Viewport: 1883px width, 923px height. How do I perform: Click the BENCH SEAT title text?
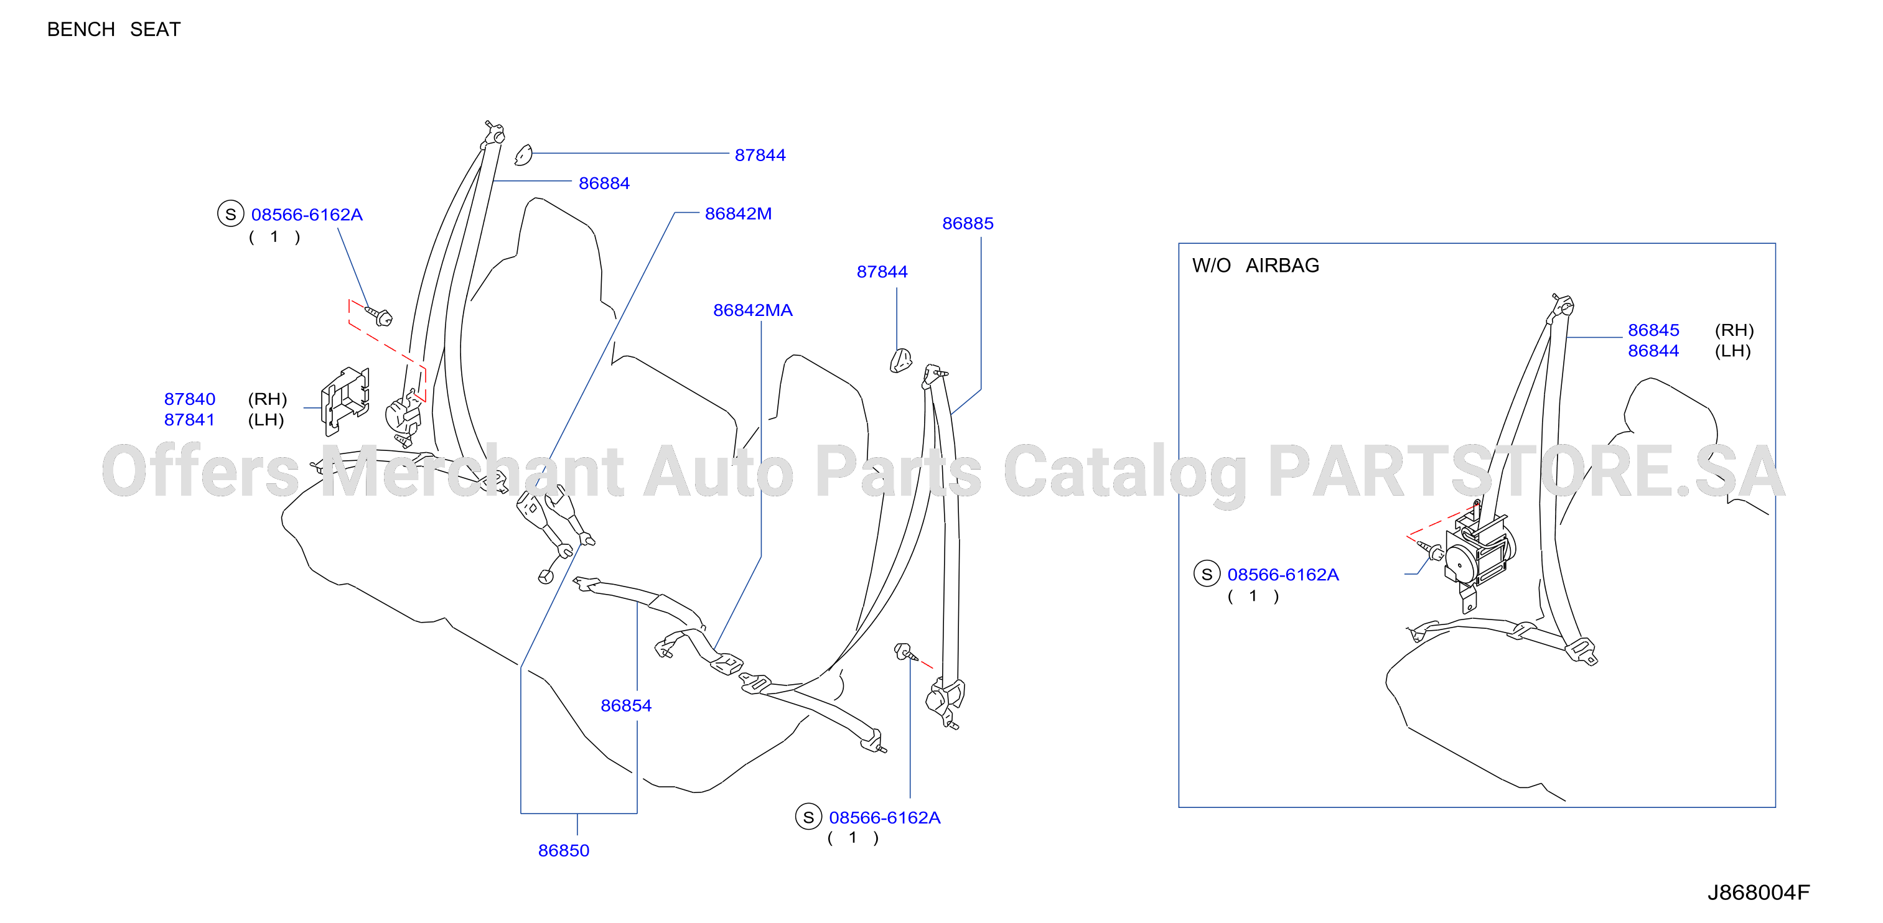[113, 29]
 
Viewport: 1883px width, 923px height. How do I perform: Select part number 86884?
[604, 183]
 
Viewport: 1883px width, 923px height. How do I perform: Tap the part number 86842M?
[738, 213]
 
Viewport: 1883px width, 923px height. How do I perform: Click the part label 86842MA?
[753, 310]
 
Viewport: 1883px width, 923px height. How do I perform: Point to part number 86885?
[968, 224]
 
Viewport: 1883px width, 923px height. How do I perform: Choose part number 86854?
[626, 706]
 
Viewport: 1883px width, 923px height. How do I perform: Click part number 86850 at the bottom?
[564, 851]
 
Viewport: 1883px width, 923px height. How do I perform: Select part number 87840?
[190, 399]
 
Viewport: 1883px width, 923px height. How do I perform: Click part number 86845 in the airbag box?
[1653, 330]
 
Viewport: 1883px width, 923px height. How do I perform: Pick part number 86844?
[1653, 351]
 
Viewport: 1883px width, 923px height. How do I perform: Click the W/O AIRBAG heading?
[1256, 266]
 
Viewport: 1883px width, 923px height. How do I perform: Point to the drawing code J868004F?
[1759, 893]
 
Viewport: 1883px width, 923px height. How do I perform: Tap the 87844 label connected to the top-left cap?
[760, 155]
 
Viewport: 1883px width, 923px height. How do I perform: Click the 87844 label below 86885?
[882, 272]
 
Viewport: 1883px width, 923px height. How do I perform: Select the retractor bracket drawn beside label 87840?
[345, 400]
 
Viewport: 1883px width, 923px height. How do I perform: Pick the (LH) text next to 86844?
[1732, 351]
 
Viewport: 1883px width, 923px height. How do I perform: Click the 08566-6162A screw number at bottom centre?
[884, 818]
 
